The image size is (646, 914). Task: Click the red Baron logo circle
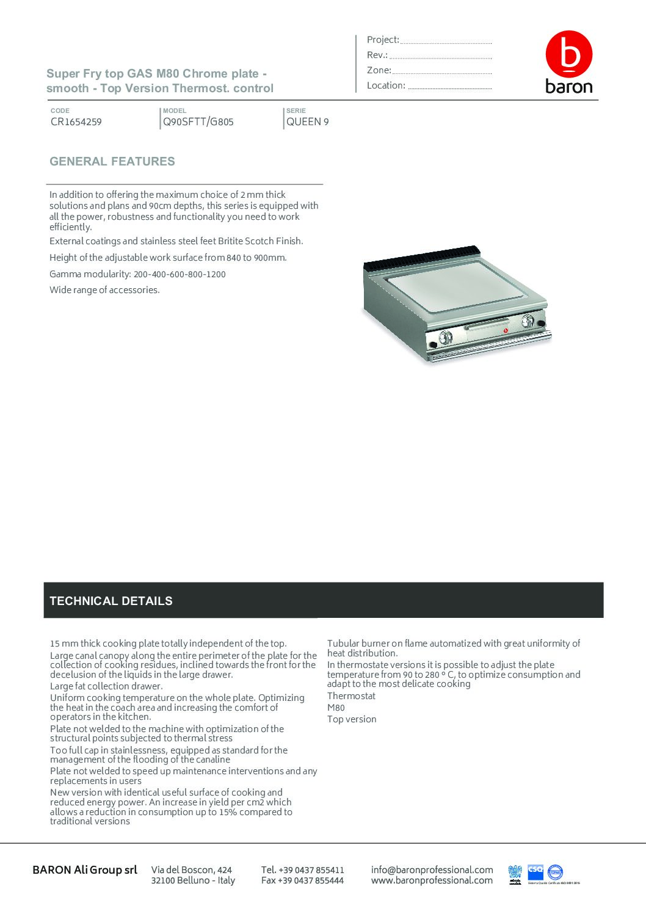coord(568,54)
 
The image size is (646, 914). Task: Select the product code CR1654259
coord(76,122)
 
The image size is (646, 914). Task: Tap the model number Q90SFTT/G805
coord(198,122)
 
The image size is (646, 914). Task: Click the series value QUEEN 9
coord(307,122)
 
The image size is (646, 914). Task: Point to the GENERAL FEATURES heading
coord(112,161)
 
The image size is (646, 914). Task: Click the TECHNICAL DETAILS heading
coord(111,601)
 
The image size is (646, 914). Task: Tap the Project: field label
coord(383,40)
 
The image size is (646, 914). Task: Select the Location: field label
coord(386,85)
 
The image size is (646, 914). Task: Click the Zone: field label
coord(379,70)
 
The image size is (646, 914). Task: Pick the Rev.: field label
coord(377,55)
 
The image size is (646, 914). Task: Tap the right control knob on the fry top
coord(528,321)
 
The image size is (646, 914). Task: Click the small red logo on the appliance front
coord(506,331)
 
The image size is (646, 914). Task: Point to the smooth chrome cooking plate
coord(458,286)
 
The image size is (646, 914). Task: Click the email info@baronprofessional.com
coord(432,869)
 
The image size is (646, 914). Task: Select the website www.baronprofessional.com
coord(432,880)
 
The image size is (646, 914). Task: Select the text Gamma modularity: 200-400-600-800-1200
coord(137,274)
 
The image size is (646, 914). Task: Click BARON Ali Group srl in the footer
coord(85,869)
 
